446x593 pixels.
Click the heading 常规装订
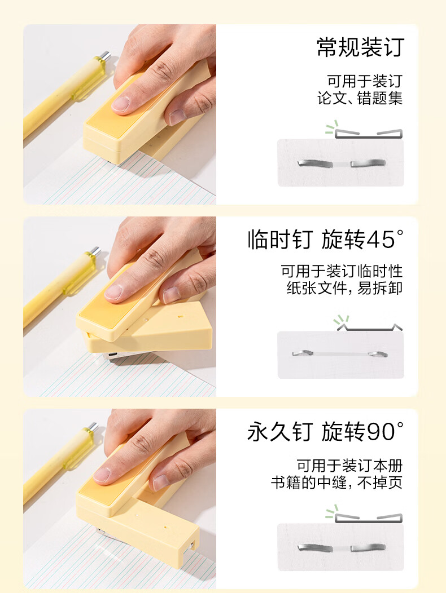tap(360, 47)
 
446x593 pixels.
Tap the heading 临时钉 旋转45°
tap(326, 240)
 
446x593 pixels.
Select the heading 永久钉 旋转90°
tap(326, 432)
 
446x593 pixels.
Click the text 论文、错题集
tap(360, 98)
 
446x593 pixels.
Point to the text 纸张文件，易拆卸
tap(344, 288)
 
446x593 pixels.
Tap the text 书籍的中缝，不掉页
tap(336, 483)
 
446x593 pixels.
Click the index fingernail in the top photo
tap(121, 104)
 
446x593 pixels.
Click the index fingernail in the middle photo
tap(113, 293)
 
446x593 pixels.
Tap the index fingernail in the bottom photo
tap(102, 475)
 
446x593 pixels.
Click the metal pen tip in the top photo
tap(106, 56)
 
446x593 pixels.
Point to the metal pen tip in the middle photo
tap(95, 251)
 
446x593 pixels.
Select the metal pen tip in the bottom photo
tap(92, 427)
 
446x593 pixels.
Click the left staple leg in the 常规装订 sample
tap(315, 164)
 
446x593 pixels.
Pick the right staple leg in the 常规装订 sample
tap(368, 163)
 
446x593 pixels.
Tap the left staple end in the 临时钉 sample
tap(303, 353)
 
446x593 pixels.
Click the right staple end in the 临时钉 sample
tap(378, 355)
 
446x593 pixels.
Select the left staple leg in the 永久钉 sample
tap(315, 547)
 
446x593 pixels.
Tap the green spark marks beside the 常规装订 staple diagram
tap(332, 127)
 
